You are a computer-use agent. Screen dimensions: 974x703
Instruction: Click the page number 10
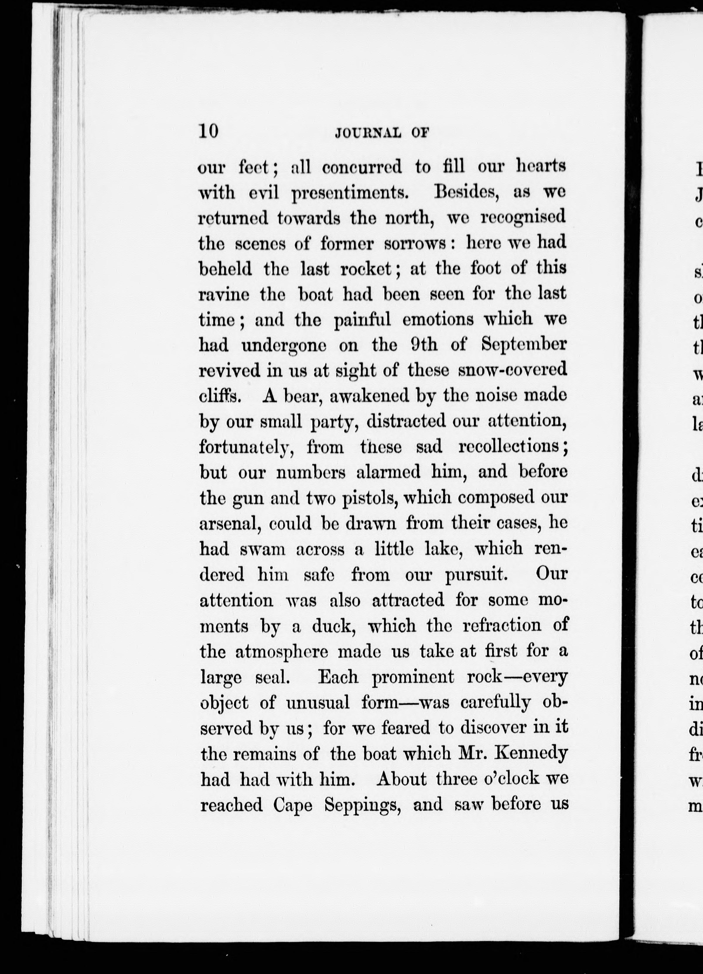coord(208,131)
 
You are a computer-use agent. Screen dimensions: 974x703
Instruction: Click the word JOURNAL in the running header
coord(367,133)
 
